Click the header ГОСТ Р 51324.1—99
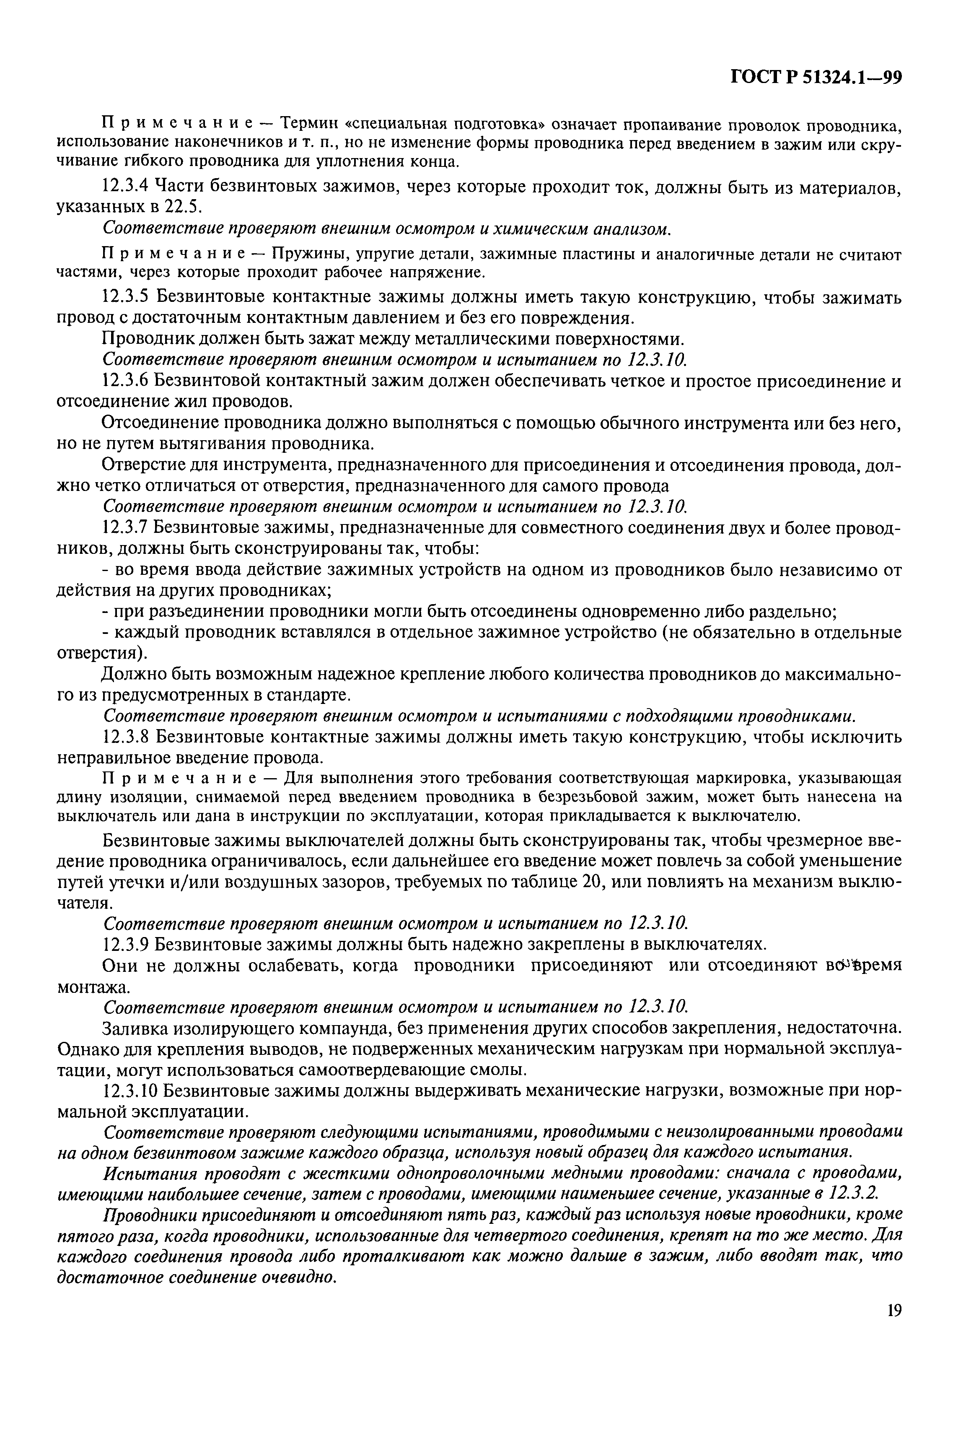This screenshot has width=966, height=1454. click(x=816, y=78)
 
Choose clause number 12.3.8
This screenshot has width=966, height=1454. click(x=124, y=737)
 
